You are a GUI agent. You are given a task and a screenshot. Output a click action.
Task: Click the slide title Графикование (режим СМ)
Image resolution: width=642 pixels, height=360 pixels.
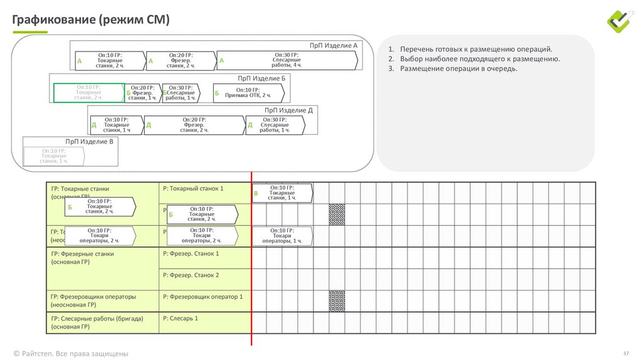91,20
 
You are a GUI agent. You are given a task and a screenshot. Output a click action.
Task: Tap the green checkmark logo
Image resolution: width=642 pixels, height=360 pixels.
621,21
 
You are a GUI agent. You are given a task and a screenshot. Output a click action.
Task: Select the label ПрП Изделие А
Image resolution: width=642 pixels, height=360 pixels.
333,46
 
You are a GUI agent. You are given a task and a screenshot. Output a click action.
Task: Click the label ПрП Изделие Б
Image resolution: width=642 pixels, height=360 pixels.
261,78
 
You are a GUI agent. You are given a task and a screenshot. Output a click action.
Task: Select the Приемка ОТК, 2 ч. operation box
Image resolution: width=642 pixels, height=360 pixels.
249,93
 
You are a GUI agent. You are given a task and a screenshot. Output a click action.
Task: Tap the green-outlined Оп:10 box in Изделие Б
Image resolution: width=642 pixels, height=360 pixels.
88,93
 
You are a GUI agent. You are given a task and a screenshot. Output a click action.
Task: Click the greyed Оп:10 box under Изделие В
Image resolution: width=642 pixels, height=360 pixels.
54,156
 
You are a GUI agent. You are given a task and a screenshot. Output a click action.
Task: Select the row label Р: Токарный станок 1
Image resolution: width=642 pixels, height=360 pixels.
192,189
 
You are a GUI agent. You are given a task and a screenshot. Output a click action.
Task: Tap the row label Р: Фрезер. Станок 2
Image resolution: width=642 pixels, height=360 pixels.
191,275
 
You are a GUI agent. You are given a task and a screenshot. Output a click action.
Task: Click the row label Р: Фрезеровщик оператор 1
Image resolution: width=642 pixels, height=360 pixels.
202,297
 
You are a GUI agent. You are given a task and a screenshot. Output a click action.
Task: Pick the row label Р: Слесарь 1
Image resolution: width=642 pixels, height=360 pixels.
180,319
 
